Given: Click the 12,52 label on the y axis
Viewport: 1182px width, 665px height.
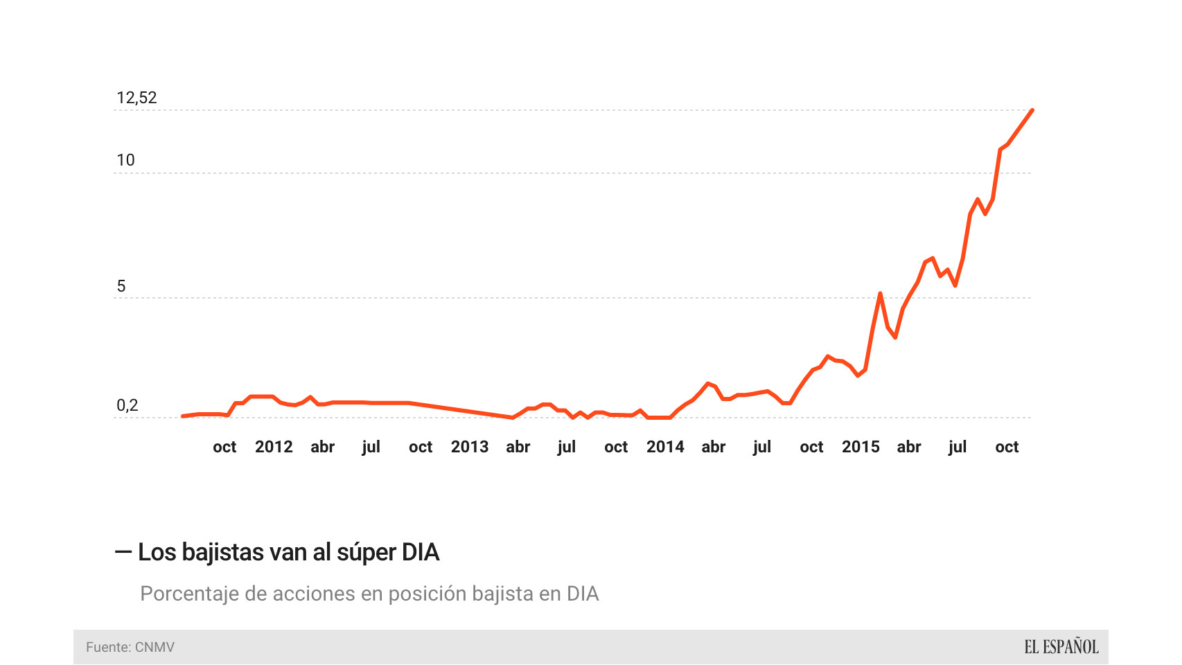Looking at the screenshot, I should (136, 98).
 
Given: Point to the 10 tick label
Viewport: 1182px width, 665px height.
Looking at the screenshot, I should (125, 160).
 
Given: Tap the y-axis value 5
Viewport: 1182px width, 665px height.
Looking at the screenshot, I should (121, 286).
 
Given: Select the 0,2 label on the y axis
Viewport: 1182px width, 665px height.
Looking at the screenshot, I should (127, 405).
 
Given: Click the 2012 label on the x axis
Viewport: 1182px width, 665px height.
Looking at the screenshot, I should (274, 447).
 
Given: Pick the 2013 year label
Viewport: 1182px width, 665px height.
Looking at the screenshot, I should (470, 447).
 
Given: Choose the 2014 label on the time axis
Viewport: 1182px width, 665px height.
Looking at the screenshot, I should (665, 447).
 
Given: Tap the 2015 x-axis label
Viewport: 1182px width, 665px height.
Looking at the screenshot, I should (861, 447).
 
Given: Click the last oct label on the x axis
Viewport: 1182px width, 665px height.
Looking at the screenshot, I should (1007, 447).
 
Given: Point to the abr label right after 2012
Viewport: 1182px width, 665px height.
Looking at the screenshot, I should (323, 447).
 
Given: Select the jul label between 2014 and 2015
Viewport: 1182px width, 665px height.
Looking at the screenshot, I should (762, 447).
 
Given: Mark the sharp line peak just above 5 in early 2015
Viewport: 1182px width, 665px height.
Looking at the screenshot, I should (880, 294).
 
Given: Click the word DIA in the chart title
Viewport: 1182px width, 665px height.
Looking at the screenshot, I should (421, 552).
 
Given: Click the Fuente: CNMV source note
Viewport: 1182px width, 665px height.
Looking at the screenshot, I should (130, 647).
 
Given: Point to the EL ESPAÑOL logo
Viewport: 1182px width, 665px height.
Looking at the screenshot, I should (1061, 647).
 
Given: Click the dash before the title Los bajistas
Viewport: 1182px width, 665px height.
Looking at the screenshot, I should (123, 551).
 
